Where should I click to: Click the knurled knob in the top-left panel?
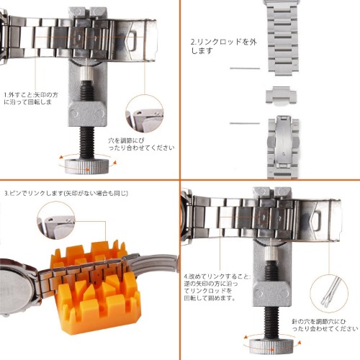coord(87,166)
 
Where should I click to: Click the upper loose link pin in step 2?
coord(245,68)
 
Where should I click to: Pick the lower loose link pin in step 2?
coord(245,123)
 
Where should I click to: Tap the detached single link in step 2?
coord(281,96)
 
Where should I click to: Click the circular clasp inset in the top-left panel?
coord(145,114)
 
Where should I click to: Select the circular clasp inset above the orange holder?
coord(56,220)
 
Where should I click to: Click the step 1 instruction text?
coord(31,99)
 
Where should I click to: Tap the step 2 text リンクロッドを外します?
coord(224,46)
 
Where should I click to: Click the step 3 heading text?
coord(66,193)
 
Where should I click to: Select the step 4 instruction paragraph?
coord(217,287)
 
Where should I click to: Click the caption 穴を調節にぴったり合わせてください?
coord(141,144)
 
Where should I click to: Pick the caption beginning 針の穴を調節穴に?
coord(325,325)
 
